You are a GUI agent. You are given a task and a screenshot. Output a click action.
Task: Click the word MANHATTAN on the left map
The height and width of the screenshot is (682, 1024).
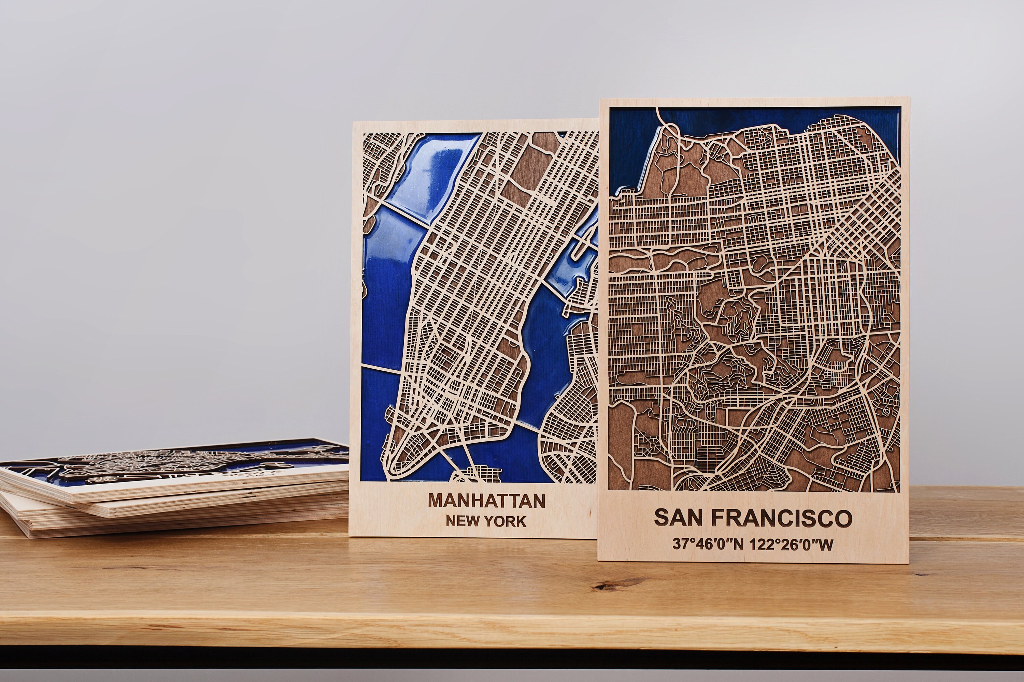coord(486,501)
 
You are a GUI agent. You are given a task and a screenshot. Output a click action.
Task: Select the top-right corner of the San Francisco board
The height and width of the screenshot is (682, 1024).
coord(909,98)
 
